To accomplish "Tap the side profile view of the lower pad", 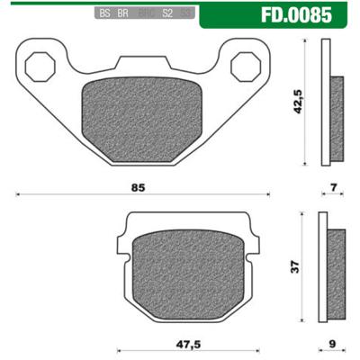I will (337, 267).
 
